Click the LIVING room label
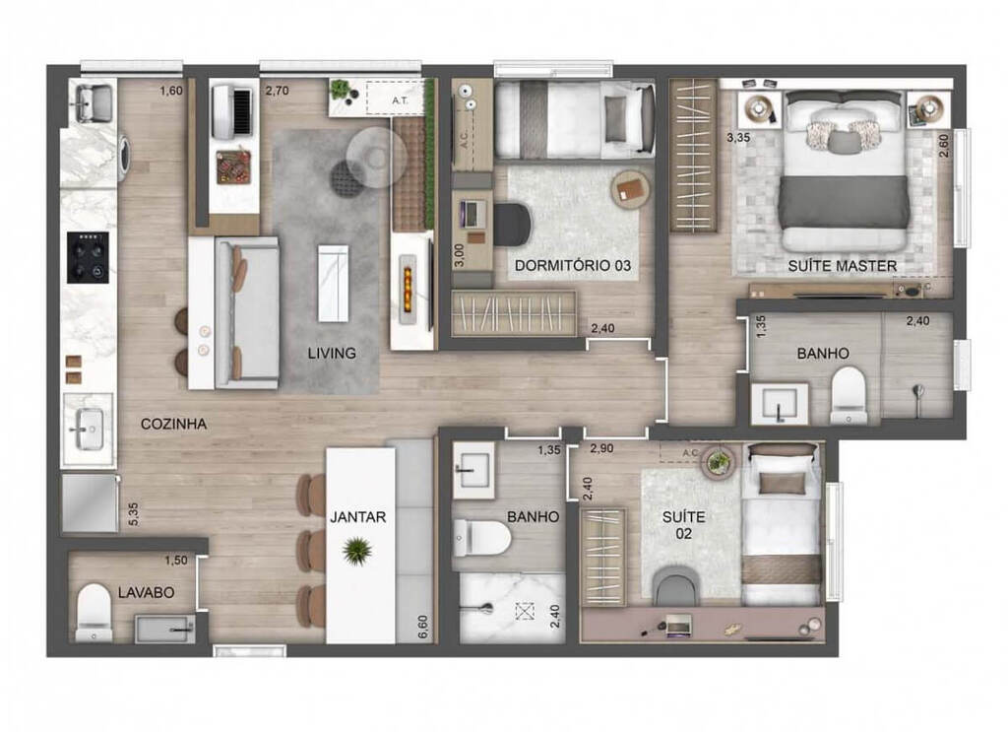click(x=331, y=353)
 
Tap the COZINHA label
click(x=173, y=424)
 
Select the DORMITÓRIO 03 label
click(x=572, y=266)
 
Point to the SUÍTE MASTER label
click(x=842, y=266)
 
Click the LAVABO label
click(x=146, y=593)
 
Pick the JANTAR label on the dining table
click(x=358, y=516)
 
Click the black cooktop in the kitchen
click(x=88, y=257)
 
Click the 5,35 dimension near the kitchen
click(x=133, y=513)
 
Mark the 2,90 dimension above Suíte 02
click(x=601, y=449)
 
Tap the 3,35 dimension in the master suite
click(x=738, y=138)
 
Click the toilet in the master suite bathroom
click(x=848, y=395)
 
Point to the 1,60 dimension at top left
click(x=171, y=93)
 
